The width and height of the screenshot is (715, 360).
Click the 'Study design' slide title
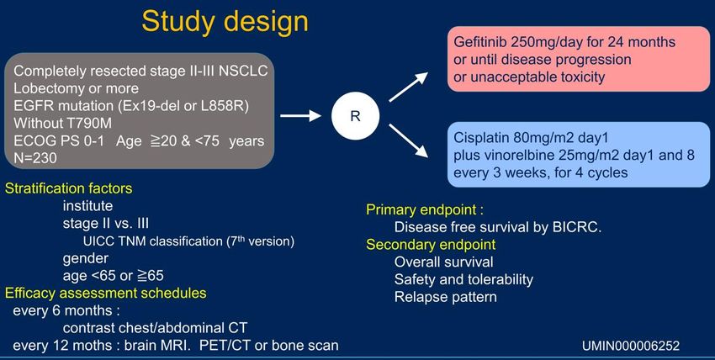click(225, 21)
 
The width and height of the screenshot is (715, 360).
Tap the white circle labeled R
click(355, 116)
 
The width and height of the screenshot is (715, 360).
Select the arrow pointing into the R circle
click(300, 116)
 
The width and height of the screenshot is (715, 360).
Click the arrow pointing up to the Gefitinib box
click(408, 87)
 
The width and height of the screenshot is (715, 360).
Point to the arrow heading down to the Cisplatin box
click(408, 140)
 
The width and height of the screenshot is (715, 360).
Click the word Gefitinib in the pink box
click(480, 42)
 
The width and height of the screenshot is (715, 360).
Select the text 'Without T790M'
click(62, 123)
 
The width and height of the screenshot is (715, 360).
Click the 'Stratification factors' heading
click(68, 188)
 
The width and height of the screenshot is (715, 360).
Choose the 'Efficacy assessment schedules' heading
click(106, 293)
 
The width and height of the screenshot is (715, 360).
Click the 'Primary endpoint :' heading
click(425, 210)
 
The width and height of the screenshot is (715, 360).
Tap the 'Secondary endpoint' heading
click(431, 245)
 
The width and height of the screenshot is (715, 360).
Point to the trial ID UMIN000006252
click(631, 346)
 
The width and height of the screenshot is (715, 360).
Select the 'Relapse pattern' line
click(446, 297)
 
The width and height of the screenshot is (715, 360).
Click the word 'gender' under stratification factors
click(86, 259)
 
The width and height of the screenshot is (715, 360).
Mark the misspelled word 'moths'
click(98, 345)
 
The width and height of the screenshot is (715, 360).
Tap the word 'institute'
click(87, 206)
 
